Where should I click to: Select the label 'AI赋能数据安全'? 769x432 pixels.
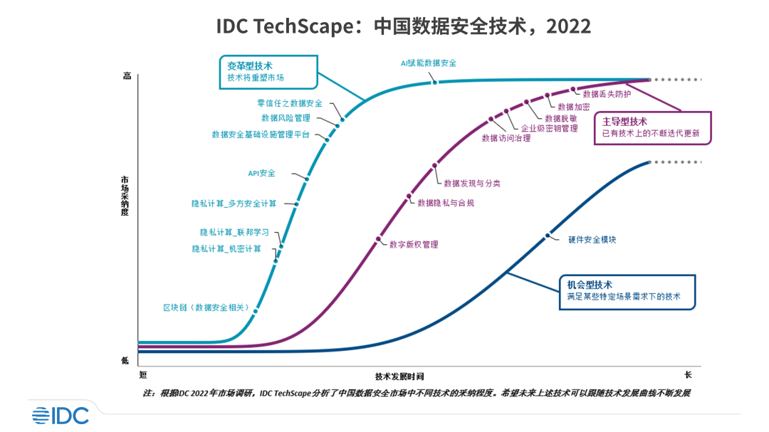coord(428,63)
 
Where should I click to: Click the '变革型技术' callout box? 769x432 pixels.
coord(267,72)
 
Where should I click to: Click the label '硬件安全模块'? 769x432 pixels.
coord(592,240)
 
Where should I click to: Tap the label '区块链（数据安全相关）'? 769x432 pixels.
coord(206,307)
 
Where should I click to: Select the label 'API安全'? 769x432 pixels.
coord(261,173)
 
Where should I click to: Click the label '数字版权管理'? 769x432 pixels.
coord(414,244)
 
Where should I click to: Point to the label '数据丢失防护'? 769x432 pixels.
coord(607,93)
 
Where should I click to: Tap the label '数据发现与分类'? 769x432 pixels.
coord(472,183)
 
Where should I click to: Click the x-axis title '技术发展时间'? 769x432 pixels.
coord(404,376)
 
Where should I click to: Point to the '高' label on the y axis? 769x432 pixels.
coord(127,75)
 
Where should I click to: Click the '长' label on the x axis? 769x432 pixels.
coord(688,374)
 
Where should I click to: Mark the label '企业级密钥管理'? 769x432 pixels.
coord(550,129)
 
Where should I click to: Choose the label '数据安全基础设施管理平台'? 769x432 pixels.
coord(261,134)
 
